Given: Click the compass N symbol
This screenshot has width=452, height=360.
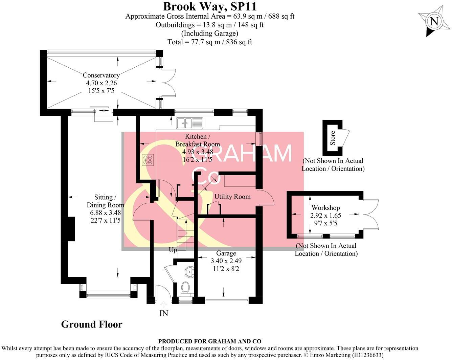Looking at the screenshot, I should pos(434,22).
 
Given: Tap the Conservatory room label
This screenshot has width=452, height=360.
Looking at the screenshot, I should pos(101,75).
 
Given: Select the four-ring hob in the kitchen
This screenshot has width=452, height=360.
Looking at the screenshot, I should pos(148,159).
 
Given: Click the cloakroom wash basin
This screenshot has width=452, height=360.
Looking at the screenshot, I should pos(190,272).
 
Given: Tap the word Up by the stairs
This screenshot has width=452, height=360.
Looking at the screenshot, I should pos(173,250).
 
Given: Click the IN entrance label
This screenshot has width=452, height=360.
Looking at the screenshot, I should pos(164,313).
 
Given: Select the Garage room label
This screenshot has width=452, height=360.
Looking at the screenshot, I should pos(226,253).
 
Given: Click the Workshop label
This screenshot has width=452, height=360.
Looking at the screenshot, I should pos(325,208).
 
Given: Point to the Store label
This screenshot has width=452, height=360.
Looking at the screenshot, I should pos(333,138).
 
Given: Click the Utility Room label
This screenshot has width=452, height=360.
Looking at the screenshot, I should pos(232,197).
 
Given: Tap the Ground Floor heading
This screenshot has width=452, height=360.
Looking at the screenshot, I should pos(92,324).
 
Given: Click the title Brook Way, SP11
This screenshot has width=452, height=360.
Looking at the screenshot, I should pos(210,6).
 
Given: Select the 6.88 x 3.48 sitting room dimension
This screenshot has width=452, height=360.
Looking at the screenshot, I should pos(105,212).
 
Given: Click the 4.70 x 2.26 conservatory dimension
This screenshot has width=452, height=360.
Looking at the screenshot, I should pos(101,83).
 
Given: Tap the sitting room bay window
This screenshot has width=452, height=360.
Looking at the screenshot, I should pos(108,294).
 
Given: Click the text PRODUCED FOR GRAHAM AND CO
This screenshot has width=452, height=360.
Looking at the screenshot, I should pos(210,341).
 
